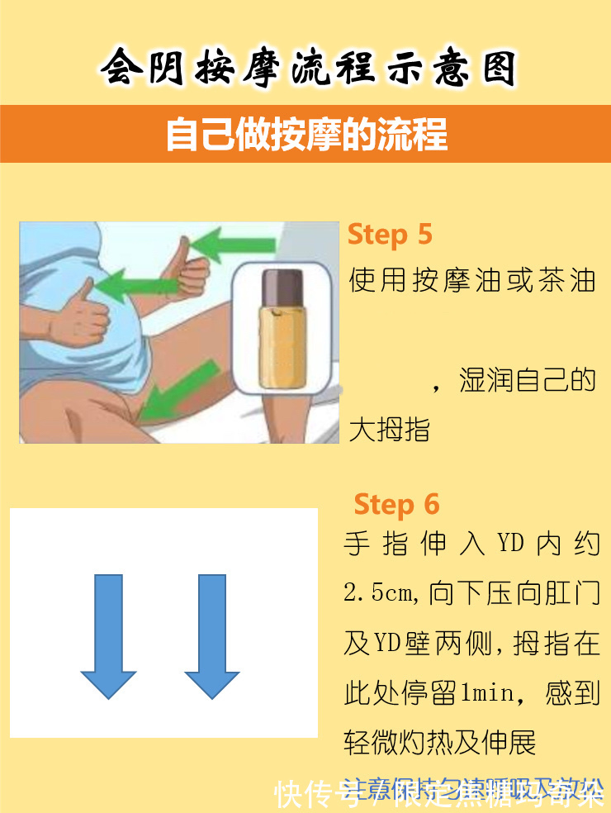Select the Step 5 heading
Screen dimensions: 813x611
click(390, 234)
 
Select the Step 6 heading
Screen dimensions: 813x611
click(396, 504)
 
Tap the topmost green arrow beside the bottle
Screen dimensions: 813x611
click(235, 245)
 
